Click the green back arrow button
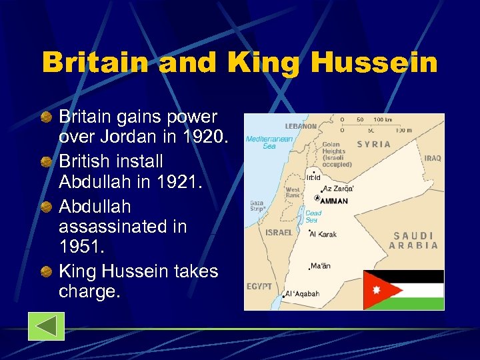(46, 326)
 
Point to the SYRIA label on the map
(375, 144)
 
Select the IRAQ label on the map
(432, 158)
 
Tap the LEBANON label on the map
(301, 126)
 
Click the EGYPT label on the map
(259, 286)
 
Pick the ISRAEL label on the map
(279, 233)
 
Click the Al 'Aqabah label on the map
(303, 293)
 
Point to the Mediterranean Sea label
(261, 143)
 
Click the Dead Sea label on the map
(313, 217)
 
